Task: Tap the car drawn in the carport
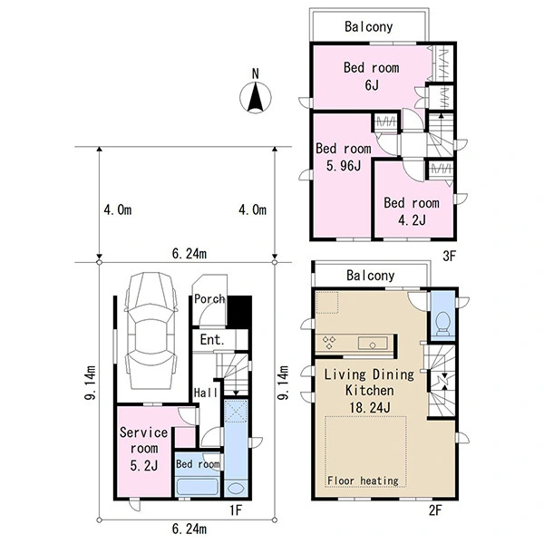151,331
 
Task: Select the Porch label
209,298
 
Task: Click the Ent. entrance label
212,340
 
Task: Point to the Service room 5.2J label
143,449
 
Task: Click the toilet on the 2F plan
442,324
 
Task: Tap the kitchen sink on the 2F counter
373,343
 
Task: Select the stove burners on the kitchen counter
329,342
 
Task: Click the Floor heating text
363,481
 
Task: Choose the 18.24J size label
370,407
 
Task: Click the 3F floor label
449,256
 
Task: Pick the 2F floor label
435,510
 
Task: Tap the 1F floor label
236,510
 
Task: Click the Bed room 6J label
371,76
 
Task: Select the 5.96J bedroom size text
344,166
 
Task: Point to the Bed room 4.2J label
412,211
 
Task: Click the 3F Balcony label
368,26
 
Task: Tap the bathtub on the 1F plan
198,487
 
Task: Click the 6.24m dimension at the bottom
189,529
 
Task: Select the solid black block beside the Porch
239,311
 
